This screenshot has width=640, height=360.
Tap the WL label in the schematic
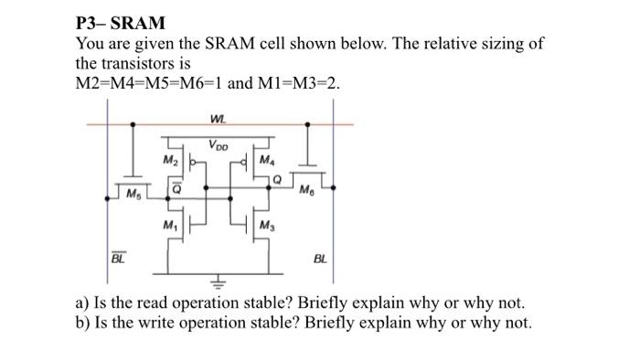click(217, 117)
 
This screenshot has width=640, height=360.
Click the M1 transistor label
click(170, 225)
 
